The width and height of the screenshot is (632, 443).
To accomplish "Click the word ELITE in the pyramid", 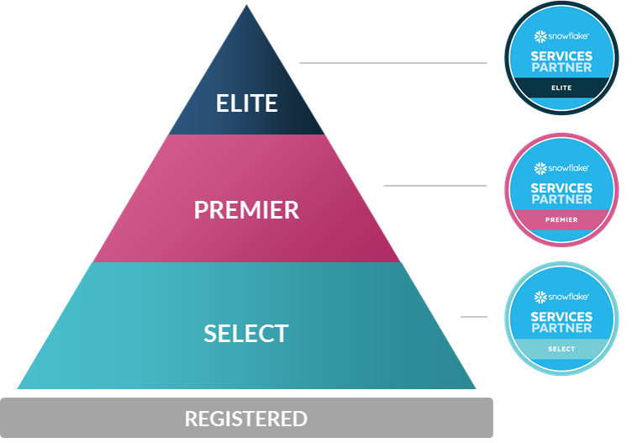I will [x=246, y=103].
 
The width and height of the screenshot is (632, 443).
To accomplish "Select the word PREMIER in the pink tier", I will [x=246, y=209].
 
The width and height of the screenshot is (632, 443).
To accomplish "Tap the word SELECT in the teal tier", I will [x=246, y=333].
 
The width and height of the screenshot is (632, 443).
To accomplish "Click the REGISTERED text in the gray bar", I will [x=246, y=418].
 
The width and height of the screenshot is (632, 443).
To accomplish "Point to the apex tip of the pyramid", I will [x=246, y=8].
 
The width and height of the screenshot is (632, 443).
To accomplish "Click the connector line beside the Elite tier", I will [x=392, y=62].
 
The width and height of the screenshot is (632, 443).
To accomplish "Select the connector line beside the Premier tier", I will [x=434, y=185].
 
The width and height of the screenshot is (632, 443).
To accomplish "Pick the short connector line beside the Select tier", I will [x=474, y=317].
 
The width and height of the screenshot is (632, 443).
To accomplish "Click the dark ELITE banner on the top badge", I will [x=561, y=87].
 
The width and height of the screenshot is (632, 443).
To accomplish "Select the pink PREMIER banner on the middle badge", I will [x=561, y=219].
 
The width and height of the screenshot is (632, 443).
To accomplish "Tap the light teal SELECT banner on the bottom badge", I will [x=561, y=349].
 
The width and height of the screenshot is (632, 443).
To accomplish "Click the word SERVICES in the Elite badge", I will [x=561, y=56].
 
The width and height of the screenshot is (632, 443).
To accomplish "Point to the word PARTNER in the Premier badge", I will [x=561, y=199].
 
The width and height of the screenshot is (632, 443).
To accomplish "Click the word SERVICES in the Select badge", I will [x=561, y=317].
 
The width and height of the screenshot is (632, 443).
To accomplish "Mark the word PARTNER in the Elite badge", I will [x=561, y=67].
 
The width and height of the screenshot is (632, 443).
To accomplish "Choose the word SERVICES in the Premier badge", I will [x=561, y=188].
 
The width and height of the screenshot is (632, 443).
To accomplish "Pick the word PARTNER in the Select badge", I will [x=561, y=328].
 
